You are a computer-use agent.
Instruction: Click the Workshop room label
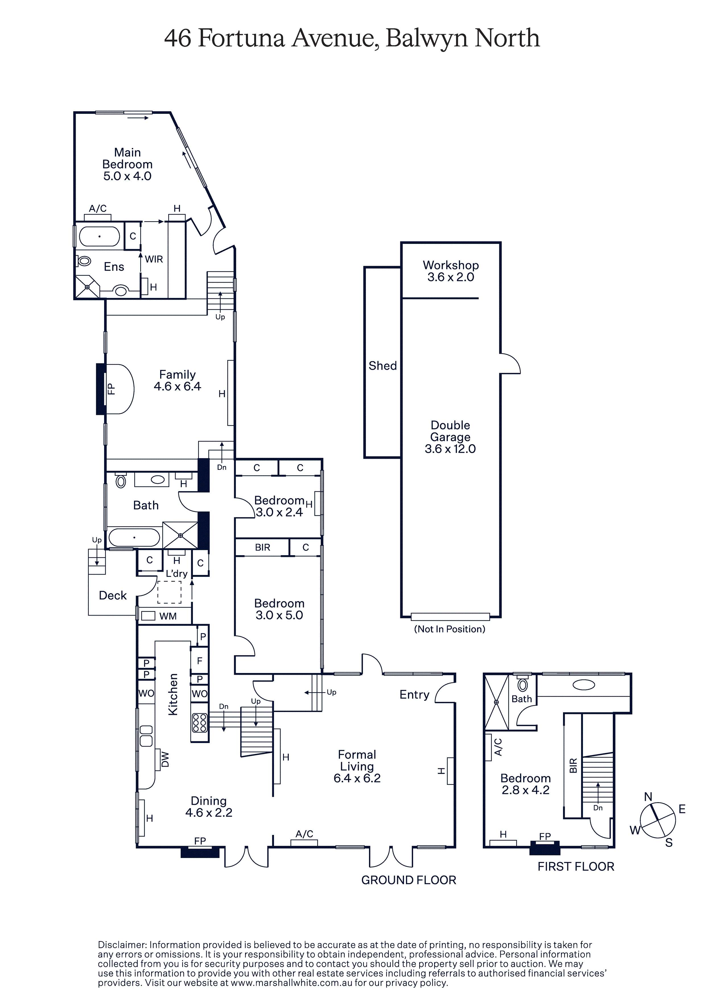pyautogui.click(x=451, y=265)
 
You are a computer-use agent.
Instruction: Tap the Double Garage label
pyautogui.click(x=450, y=431)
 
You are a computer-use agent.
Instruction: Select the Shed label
pyautogui.click(x=382, y=366)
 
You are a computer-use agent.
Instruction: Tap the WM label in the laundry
pyautogui.click(x=168, y=616)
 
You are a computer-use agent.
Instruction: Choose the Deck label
pyautogui.click(x=113, y=596)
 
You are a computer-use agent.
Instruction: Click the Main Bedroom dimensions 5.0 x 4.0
pyautogui.click(x=127, y=176)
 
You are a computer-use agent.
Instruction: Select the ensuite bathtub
pyautogui.click(x=100, y=237)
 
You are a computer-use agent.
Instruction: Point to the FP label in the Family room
pyautogui.click(x=111, y=389)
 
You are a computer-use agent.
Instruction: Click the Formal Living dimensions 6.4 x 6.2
pyautogui.click(x=357, y=778)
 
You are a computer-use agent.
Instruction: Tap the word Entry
pyautogui.click(x=414, y=695)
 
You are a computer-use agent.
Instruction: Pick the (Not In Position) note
pyautogui.click(x=450, y=629)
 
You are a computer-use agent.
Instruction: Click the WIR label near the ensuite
pyautogui.click(x=154, y=259)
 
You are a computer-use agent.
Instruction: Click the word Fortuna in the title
pyautogui.click(x=241, y=38)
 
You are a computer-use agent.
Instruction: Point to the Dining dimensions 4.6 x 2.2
pyautogui.click(x=209, y=812)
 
